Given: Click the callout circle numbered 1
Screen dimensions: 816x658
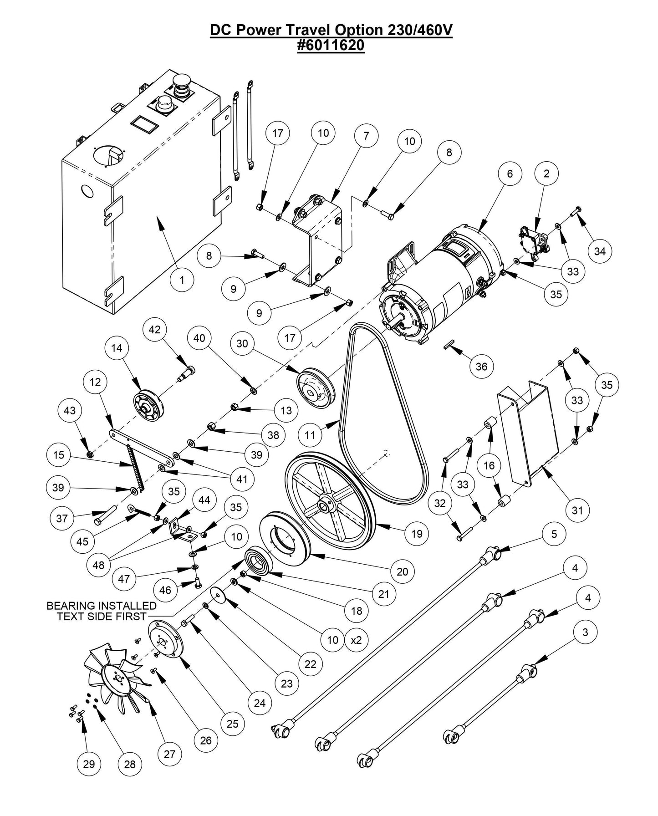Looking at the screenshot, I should coord(182,280).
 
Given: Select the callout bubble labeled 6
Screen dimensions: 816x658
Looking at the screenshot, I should coord(509,173).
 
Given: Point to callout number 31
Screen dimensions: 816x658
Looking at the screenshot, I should coord(577,510).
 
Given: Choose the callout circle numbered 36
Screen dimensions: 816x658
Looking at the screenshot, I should coord(481,367).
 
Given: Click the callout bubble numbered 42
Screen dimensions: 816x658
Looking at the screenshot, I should coord(155,329).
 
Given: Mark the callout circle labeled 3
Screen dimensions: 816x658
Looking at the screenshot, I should coord(585,632).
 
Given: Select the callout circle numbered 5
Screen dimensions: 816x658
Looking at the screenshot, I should coord(554,534).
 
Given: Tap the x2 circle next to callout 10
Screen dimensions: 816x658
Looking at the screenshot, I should coord(356,640).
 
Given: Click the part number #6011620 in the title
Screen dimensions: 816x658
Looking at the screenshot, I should coord(331,46).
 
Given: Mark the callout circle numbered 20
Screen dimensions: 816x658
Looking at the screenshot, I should coord(403,571).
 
